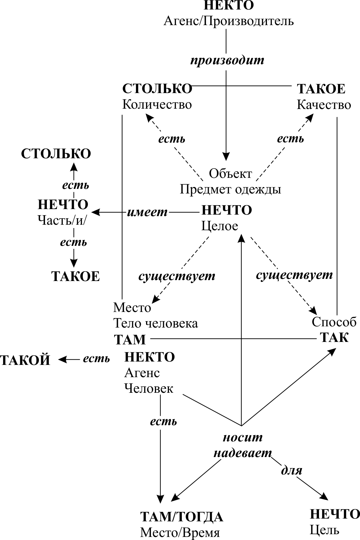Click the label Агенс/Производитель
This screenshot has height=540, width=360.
(228, 21)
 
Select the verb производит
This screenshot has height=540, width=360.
(227, 60)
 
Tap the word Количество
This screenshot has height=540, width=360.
(157, 105)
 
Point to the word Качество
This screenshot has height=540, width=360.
(324, 105)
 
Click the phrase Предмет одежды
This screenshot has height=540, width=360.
(230, 189)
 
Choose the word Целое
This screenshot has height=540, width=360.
(219, 226)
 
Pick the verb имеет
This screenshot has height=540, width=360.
(147, 212)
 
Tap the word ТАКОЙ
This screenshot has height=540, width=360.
(25, 360)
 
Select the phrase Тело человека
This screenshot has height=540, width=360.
(156, 323)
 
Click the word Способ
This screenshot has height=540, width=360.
(334, 322)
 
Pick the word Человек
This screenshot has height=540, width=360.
(149, 388)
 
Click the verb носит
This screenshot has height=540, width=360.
(242, 437)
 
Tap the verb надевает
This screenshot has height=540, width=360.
(242, 453)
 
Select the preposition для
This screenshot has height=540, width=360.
(291, 470)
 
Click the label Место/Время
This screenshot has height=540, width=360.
(180, 533)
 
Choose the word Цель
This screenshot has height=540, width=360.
(324, 530)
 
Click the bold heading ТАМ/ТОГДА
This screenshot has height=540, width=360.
(182, 517)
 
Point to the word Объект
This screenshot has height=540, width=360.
(230, 174)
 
